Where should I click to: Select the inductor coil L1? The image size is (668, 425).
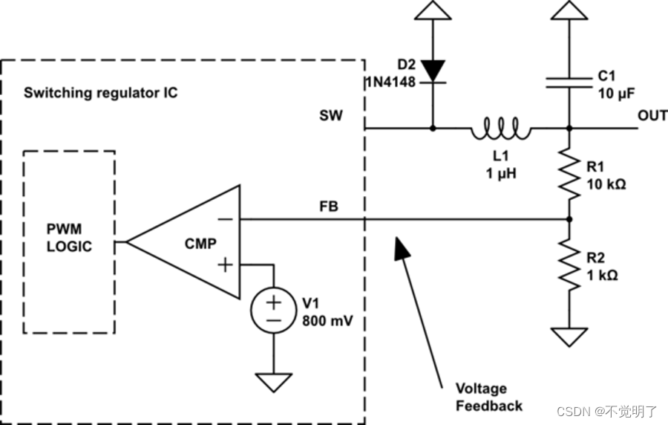tap(500, 131)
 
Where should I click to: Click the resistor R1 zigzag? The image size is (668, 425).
tap(569, 173)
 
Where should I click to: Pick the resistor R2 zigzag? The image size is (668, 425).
tap(569, 265)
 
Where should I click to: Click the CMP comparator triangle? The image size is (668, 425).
tap(194, 241)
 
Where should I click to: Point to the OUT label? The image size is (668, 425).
tap(652, 116)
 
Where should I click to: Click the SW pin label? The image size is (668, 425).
tap(331, 116)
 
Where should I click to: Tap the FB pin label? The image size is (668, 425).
tap(328, 207)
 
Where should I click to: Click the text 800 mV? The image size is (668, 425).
tap(327, 322)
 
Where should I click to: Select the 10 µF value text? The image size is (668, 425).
tap(617, 94)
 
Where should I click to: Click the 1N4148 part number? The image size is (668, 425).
tap(392, 80)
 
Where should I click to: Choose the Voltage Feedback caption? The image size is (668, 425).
tap(488, 397)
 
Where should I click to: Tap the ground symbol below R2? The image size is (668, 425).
tap(569, 337)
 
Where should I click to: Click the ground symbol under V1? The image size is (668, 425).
tap(274, 381)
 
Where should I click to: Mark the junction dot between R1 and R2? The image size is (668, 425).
tap(569, 219)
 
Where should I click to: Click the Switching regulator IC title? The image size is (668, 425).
tap(101, 94)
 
